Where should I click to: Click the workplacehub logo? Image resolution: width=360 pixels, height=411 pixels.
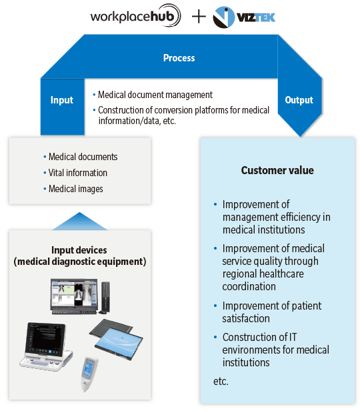[x=135, y=16]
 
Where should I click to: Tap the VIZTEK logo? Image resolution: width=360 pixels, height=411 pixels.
[x=244, y=17]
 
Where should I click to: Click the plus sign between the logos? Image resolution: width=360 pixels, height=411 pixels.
[x=199, y=17]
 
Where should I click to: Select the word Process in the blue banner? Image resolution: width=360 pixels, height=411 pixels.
[x=179, y=58]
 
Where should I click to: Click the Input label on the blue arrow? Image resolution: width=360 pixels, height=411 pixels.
[x=62, y=100]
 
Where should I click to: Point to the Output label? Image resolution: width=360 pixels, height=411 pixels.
[x=299, y=100]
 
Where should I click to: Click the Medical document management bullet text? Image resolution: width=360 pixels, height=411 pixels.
[x=155, y=95]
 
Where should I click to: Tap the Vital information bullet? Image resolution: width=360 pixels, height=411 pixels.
[x=78, y=173]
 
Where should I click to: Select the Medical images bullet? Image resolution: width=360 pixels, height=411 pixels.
[x=75, y=189]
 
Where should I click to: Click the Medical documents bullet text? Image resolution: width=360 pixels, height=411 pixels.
[x=83, y=157]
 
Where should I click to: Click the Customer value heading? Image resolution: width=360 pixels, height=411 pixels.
[x=277, y=170]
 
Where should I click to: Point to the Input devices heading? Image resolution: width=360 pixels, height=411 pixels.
[x=79, y=256]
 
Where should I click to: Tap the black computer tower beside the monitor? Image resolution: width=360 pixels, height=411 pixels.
[x=105, y=298]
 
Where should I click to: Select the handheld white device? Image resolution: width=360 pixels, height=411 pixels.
[x=89, y=374]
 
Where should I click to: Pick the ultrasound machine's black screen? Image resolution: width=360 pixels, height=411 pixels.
[x=46, y=339]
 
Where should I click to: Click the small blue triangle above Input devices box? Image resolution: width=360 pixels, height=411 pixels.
[x=79, y=221]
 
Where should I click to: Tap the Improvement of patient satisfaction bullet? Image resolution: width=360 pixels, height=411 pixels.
[x=272, y=312]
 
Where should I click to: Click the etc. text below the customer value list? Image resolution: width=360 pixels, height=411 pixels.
[x=221, y=382]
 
